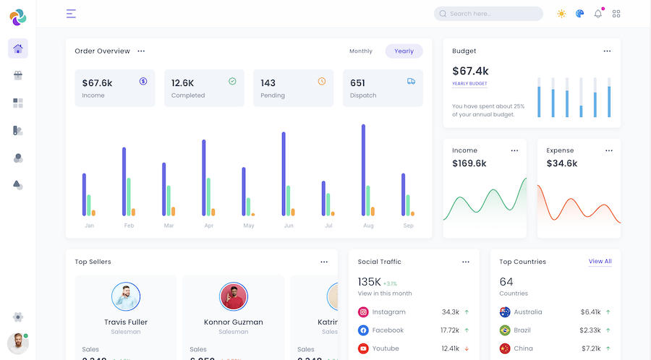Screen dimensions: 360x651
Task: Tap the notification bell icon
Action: [x=598, y=14]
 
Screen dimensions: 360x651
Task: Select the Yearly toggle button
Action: [x=404, y=51]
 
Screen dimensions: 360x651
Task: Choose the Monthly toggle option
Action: [x=361, y=51]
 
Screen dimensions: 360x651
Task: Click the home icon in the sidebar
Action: [x=18, y=48]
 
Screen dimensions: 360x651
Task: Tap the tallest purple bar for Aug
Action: [x=363, y=170]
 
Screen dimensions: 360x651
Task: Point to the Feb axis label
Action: [x=129, y=226]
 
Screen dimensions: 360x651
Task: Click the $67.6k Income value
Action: [x=97, y=83]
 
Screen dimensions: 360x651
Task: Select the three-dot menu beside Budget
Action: [x=607, y=51]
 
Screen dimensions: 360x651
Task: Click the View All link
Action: [x=600, y=262]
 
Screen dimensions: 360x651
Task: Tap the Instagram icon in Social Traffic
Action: [x=363, y=312]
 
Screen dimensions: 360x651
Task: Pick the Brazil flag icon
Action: [x=505, y=330]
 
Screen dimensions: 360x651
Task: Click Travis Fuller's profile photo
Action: [x=126, y=296]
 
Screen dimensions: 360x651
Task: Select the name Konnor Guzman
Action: [x=233, y=322]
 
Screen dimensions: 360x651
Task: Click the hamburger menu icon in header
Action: [x=71, y=14]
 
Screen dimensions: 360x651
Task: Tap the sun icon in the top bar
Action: [x=561, y=14]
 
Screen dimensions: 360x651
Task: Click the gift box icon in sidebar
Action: [x=18, y=75]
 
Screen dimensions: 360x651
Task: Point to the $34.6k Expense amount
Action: [x=562, y=163]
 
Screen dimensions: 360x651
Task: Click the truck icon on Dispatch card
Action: [x=411, y=82]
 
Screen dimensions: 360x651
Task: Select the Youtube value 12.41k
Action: [x=450, y=348]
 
